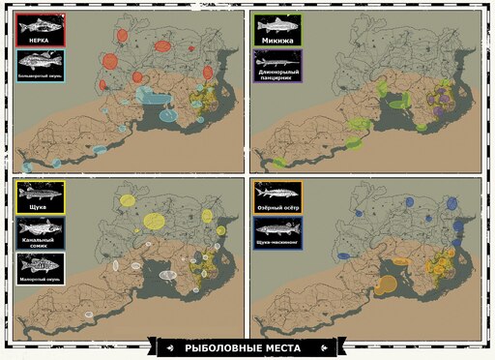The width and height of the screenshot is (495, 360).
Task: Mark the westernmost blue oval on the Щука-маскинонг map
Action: [344, 255]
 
